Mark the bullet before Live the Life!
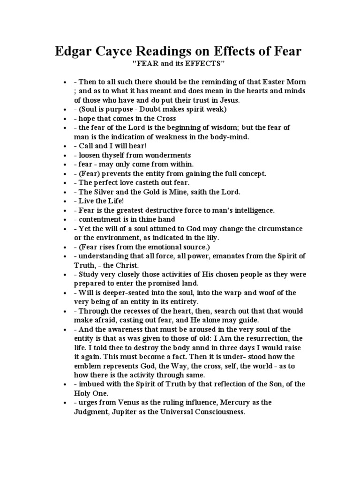click(x=66, y=201)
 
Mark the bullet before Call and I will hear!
click(x=66, y=145)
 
